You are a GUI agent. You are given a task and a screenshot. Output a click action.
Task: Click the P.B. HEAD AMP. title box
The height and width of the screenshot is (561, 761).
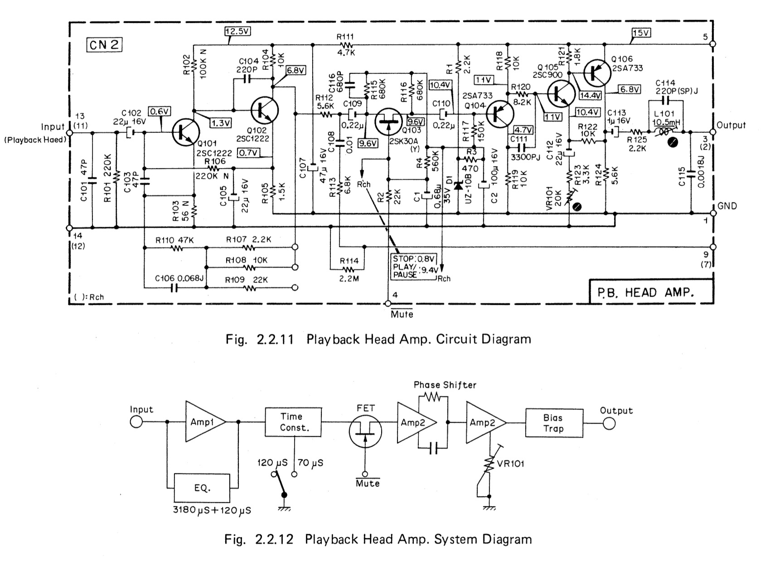650,292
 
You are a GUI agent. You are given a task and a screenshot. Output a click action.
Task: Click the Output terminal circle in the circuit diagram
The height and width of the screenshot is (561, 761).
713,132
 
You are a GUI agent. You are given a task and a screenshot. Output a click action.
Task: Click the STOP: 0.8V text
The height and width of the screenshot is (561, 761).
414,259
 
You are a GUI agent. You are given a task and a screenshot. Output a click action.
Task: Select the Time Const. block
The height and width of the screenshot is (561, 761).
294,422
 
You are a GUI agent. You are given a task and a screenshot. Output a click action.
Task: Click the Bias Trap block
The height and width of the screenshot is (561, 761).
554,423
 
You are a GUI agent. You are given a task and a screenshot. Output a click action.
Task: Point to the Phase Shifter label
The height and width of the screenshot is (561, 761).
445,385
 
